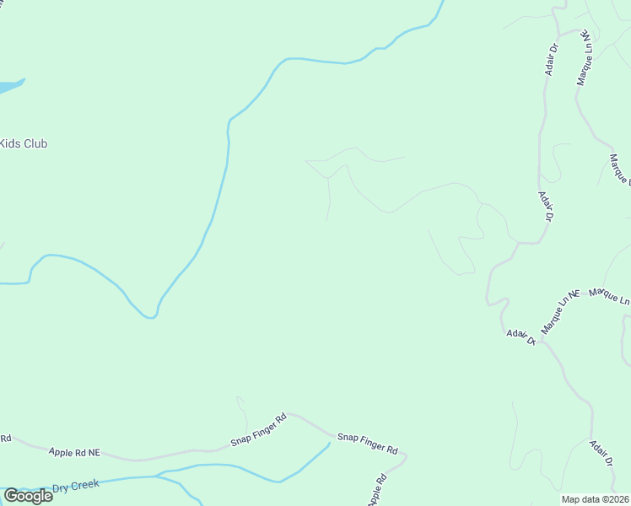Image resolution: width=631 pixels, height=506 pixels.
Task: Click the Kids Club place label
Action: click(x=24, y=143)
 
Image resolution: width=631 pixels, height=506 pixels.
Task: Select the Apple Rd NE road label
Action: click(x=74, y=453)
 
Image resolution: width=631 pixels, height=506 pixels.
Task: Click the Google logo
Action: click(x=28, y=496)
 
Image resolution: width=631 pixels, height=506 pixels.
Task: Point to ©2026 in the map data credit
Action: click(x=614, y=499)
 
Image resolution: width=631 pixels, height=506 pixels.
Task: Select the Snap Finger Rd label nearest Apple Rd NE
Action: click(x=259, y=429)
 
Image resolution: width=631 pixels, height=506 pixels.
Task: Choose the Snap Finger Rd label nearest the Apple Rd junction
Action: click(x=367, y=443)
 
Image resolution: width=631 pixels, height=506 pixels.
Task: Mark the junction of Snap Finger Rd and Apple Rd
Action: click(x=404, y=456)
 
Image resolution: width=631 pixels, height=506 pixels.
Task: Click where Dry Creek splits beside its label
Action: click(x=157, y=476)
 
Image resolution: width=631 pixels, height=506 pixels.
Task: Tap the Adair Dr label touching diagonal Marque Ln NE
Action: click(x=521, y=336)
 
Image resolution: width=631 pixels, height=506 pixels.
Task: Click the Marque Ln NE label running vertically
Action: click(x=584, y=58)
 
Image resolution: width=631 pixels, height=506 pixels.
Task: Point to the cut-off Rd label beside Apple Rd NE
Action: click(x=5, y=438)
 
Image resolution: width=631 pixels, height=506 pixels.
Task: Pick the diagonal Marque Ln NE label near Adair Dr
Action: click(x=562, y=312)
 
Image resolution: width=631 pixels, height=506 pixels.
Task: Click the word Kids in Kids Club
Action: click(x=10, y=143)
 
